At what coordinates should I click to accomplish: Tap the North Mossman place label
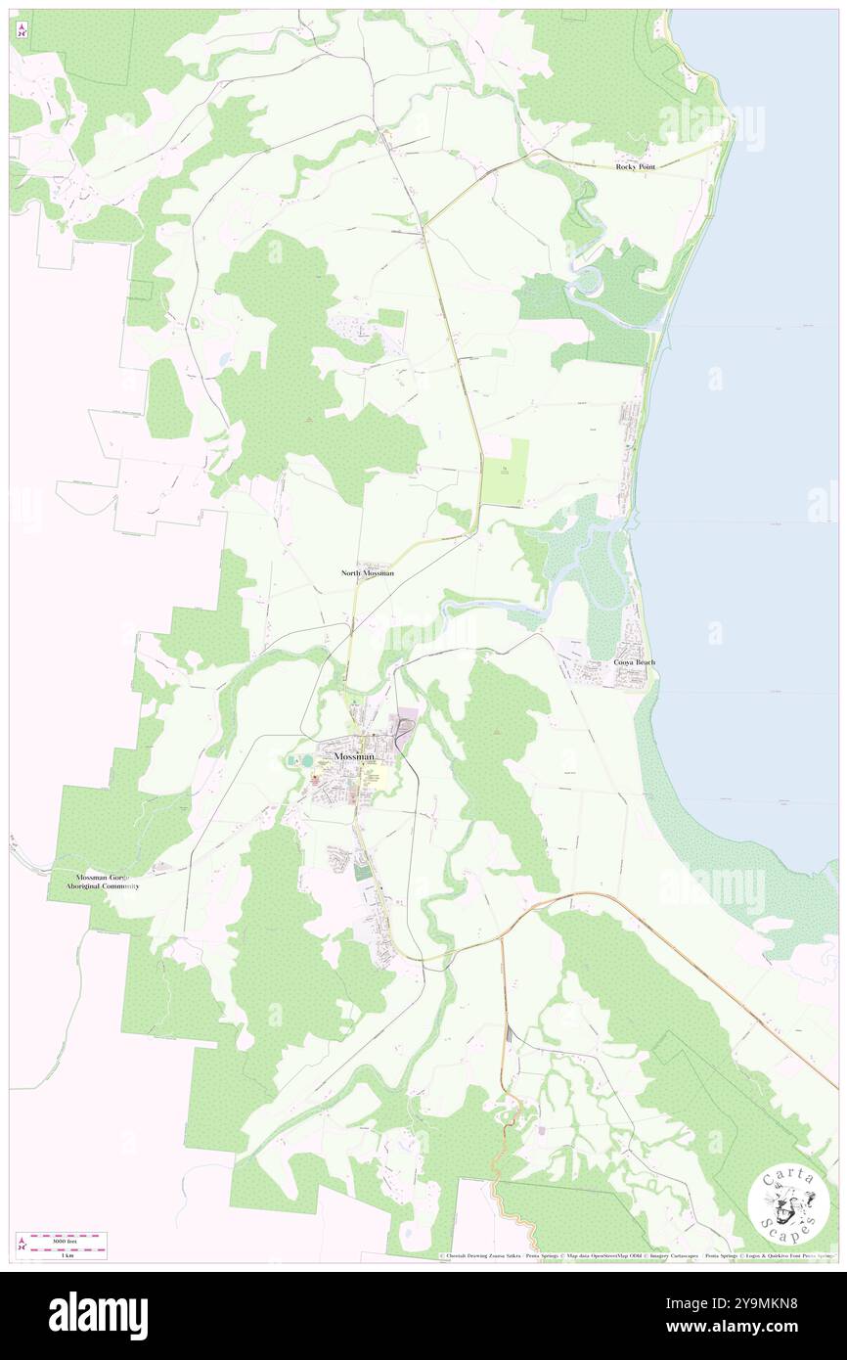tap(368, 572)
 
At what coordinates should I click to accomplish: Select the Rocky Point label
tap(636, 167)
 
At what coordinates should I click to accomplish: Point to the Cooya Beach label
tap(635, 662)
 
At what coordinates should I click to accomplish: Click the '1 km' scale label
tap(67, 1254)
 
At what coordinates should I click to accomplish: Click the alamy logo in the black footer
tap(98, 1315)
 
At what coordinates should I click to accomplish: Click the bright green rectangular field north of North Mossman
tap(506, 473)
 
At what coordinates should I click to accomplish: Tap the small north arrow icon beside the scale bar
tap(21, 1245)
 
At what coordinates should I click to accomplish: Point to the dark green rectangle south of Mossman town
tap(364, 871)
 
